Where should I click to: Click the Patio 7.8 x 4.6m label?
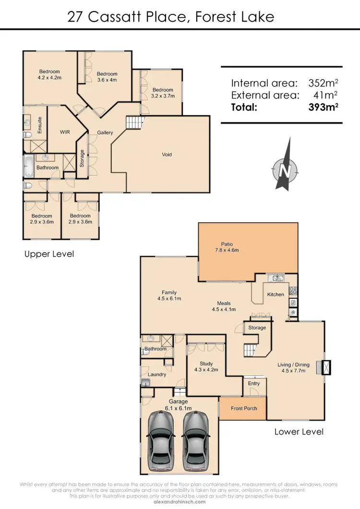(x=227, y=247)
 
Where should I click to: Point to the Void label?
(x=167, y=155)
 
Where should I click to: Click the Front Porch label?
(x=244, y=408)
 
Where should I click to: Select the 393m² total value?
(x=323, y=108)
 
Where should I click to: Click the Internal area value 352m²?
(x=321, y=82)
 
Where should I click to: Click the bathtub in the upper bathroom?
(x=27, y=168)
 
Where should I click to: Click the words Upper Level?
(x=49, y=254)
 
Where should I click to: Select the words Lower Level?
(x=299, y=432)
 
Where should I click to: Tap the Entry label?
(x=254, y=383)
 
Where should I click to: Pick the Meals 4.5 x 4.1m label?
(x=224, y=306)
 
